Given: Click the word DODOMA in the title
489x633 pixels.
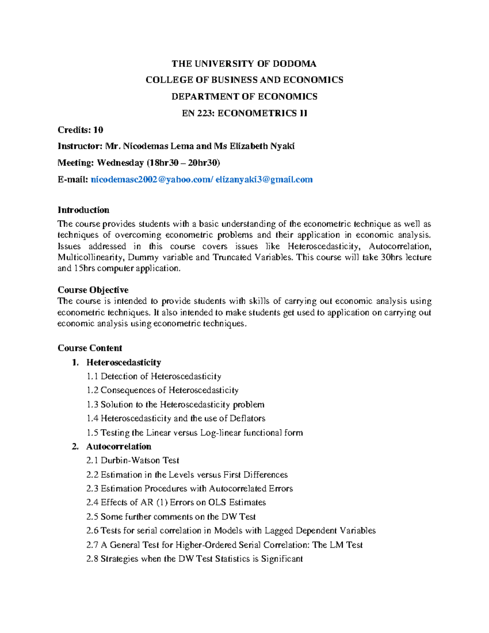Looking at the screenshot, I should point(294,64).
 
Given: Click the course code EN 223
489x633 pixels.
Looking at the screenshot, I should point(198,113).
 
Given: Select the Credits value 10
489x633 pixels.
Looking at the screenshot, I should point(98,130).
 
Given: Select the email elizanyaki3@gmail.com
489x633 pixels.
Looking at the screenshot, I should point(264,180).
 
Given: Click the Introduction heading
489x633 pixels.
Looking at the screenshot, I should point(83,210).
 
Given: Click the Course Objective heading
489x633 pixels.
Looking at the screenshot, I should point(93,290).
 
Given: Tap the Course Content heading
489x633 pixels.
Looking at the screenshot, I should point(90,348).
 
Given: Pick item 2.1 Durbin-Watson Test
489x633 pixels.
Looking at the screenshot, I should point(133,461).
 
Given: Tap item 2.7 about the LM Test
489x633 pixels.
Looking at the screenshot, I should point(224,545).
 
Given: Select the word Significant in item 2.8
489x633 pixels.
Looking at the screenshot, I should point(282,559).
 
